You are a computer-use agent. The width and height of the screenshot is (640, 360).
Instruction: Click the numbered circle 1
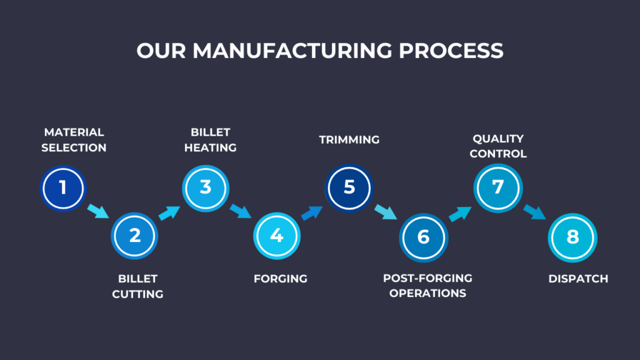coord(63,188)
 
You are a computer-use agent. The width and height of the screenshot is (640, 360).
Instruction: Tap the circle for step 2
coord(134,236)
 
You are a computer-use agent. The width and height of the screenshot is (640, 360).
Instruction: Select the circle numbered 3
coord(205,188)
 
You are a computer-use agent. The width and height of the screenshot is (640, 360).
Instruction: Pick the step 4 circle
coord(277,236)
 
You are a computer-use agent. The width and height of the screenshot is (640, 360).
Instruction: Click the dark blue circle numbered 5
coord(349,188)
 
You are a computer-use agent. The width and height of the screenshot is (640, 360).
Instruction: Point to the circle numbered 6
coord(423,237)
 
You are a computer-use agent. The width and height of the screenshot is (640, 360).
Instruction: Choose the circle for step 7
coord(498,188)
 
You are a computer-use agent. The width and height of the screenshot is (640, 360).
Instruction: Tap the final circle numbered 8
coord(572,237)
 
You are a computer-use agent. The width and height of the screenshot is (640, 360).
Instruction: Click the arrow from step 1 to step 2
coord(98,211)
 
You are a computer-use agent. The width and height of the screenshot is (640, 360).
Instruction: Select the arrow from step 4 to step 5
coord(312,212)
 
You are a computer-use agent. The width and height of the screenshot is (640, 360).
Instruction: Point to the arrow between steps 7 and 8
coord(535,212)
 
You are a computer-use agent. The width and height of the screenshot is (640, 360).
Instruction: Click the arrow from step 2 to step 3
coord(169,212)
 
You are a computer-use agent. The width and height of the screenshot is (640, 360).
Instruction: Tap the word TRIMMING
coord(349,139)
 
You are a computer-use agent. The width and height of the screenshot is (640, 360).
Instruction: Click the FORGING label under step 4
coord(281,279)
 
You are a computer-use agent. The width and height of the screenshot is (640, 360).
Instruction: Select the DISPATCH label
coord(578,279)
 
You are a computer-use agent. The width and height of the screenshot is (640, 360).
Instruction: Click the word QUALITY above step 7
coord(498,139)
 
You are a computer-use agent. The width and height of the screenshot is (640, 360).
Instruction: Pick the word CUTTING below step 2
coord(137,294)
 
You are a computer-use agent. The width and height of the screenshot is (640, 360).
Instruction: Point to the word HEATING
coord(210,147)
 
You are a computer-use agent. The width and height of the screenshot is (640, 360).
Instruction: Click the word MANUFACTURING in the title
coord(292,51)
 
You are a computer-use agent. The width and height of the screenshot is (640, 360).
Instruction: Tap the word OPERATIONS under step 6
coord(427,293)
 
